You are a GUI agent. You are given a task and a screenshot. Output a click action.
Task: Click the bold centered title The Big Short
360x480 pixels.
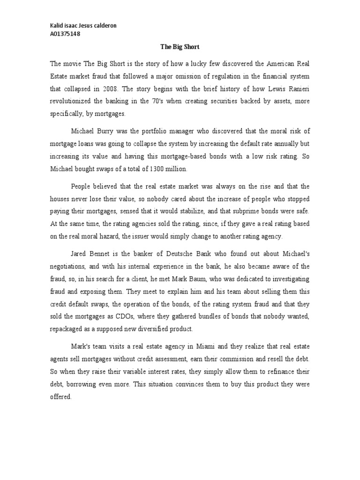tap(180, 47)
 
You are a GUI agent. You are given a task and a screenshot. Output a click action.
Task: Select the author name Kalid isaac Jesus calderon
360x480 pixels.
tap(83, 26)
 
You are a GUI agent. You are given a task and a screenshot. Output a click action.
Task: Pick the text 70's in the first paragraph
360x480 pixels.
tap(149, 101)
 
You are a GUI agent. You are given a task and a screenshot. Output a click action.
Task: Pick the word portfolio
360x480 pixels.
tap(173, 130)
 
